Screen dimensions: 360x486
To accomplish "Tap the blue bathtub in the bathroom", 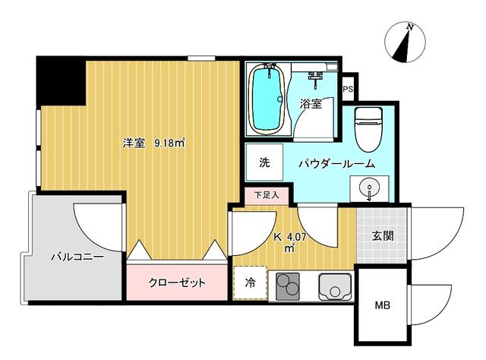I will point(267,99).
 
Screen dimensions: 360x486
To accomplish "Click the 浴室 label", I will point(311,105).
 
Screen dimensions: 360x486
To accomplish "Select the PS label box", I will point(348,90).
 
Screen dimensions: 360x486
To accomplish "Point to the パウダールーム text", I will point(336,163).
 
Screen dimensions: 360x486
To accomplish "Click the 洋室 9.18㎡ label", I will point(156,142).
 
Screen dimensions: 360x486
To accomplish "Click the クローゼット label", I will point(176,283).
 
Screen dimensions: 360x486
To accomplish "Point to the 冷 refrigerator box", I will point(250,283).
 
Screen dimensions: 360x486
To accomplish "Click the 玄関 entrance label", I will point(382,235).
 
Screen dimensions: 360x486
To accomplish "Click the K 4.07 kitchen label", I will point(291,240).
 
